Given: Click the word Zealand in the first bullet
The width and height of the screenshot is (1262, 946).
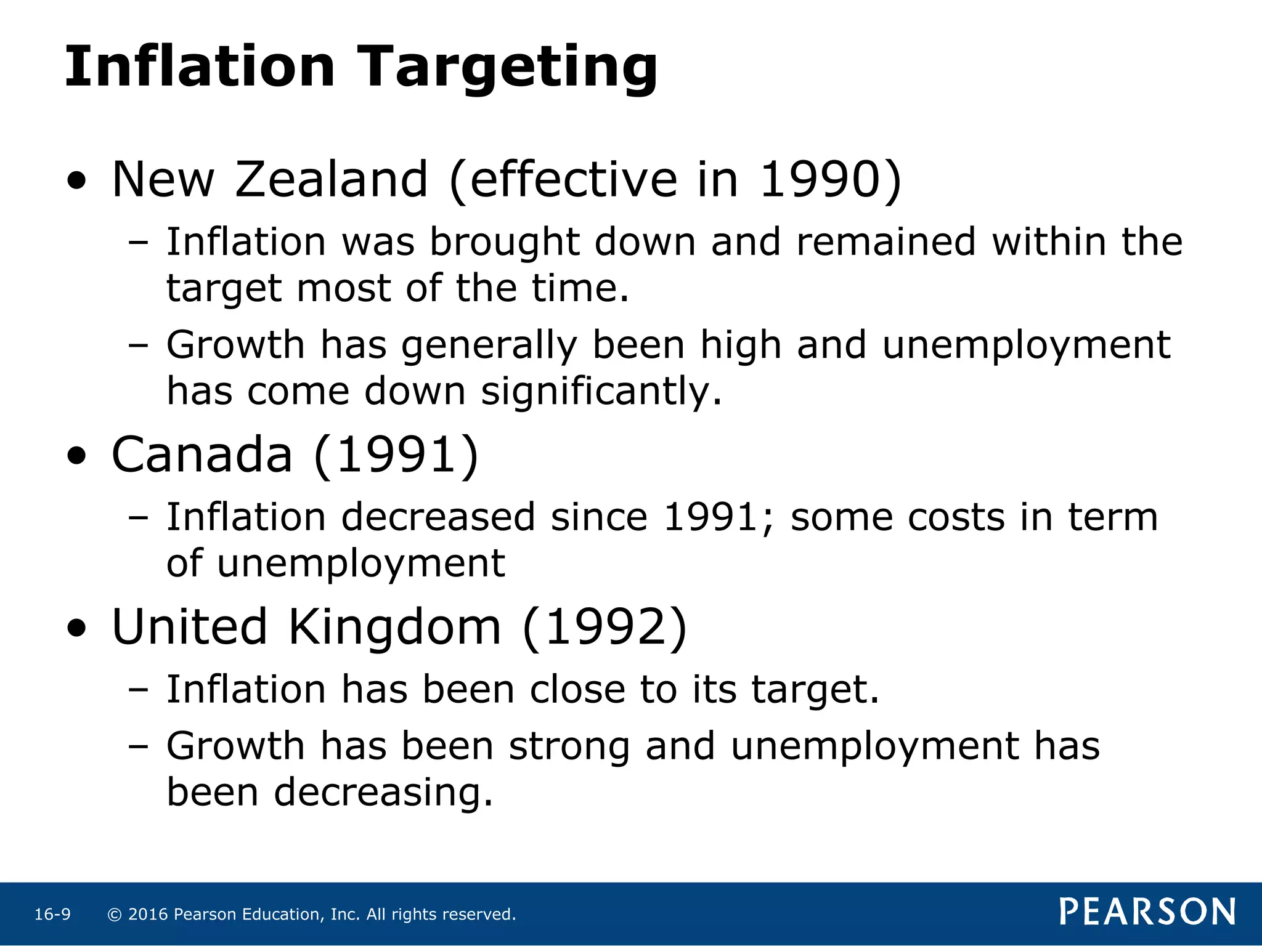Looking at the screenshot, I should tap(332, 179).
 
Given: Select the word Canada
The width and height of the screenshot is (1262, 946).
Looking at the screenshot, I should tap(202, 455).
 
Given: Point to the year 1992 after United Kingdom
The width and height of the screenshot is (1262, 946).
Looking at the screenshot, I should tap(605, 627).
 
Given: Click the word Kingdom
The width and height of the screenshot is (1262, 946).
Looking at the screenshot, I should tap(394, 627).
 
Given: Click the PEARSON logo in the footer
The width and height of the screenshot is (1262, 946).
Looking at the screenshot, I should tap(1147, 912).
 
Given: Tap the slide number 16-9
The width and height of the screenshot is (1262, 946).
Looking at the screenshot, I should tap(52, 915).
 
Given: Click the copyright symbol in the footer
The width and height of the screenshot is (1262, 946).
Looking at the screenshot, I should tap(114, 915).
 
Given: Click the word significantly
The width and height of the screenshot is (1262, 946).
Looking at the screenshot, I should tap(601, 392).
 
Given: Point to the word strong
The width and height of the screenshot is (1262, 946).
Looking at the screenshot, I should tap(569, 746).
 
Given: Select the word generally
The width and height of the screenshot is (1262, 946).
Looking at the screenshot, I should tap(489, 346).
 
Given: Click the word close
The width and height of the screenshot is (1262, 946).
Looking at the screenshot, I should tap(577, 689).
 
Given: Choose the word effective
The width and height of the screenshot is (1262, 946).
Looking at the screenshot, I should tap(573, 179).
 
